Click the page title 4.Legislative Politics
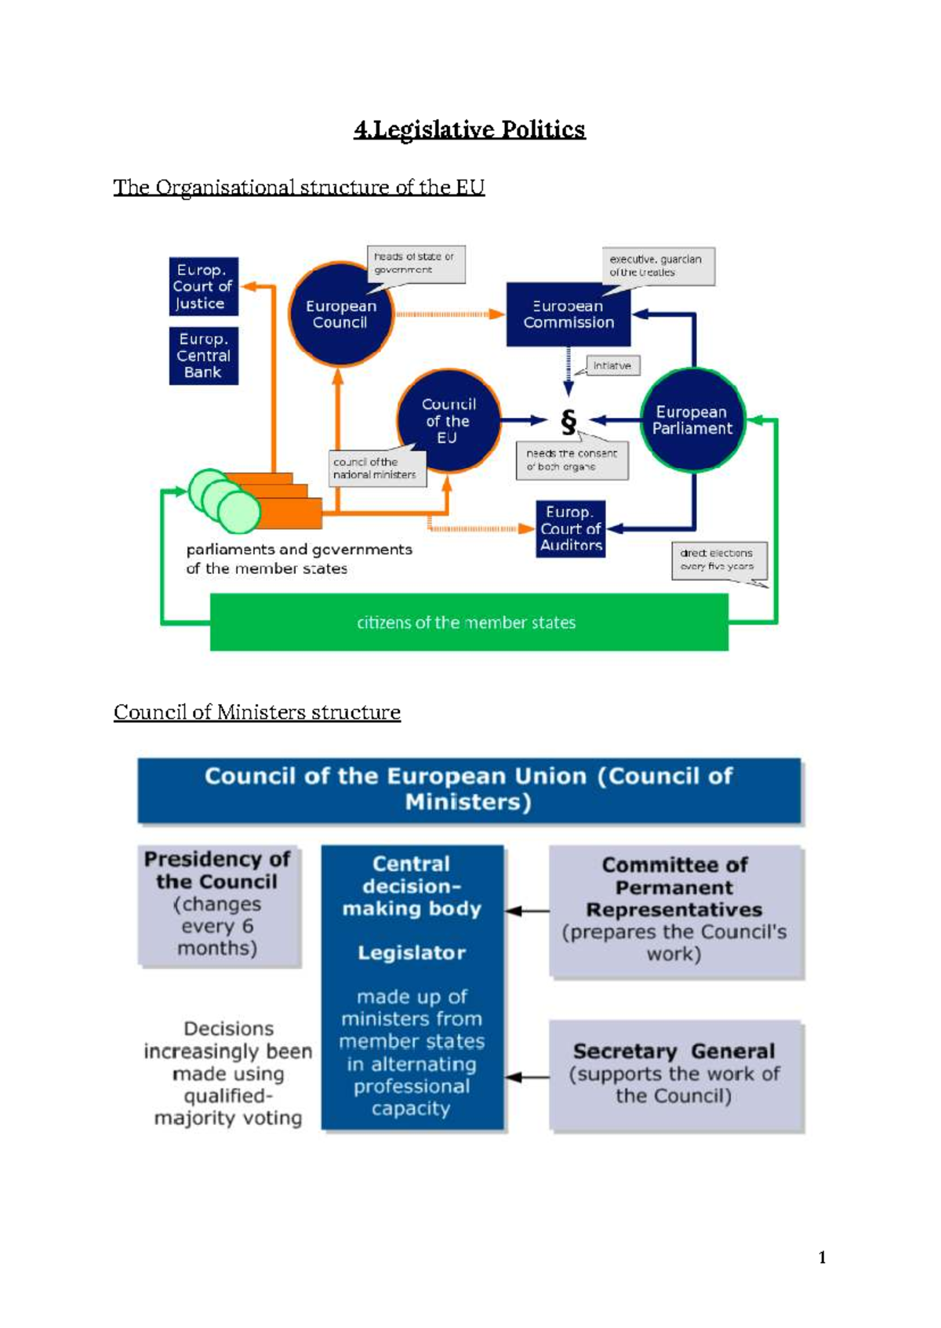click(469, 129)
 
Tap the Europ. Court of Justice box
click(203, 287)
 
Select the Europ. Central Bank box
click(203, 356)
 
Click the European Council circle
click(340, 314)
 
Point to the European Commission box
click(569, 314)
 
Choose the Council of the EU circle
click(448, 421)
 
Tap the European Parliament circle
click(692, 420)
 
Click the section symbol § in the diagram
click(569, 422)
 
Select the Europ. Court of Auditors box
click(570, 529)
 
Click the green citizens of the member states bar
click(468, 622)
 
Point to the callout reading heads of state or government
click(416, 264)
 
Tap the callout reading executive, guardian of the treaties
click(657, 267)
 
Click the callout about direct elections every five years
click(718, 560)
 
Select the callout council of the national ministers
click(376, 469)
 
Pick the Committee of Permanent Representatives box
click(675, 910)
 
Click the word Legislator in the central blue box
click(412, 952)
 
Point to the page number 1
click(822, 1257)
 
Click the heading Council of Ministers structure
click(256, 712)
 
